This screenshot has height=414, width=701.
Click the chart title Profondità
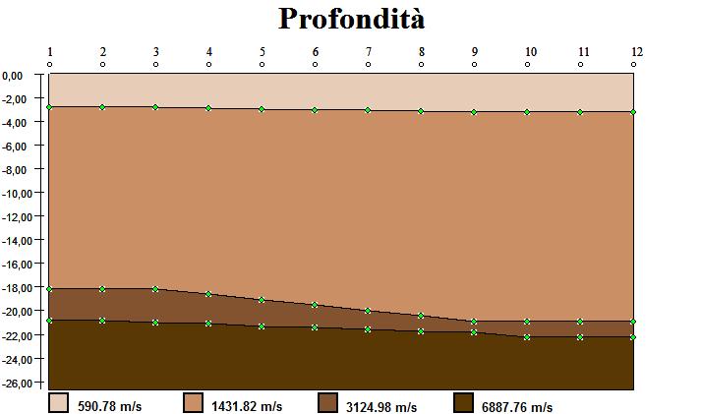pyautogui.click(x=351, y=19)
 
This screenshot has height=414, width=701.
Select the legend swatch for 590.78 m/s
pyautogui.click(x=59, y=403)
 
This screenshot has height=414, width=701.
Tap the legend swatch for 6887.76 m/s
pyautogui.click(x=462, y=403)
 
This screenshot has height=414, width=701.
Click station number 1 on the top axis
pyautogui.click(x=49, y=51)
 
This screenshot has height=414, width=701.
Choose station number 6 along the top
pyautogui.click(x=315, y=51)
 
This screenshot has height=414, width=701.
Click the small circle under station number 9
pyautogui.click(x=474, y=64)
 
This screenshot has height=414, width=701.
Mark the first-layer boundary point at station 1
pyautogui.click(x=49, y=106)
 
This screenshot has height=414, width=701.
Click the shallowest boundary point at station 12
pyautogui.click(x=633, y=112)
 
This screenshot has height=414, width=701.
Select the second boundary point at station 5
pyautogui.click(x=262, y=300)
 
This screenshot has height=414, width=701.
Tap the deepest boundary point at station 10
pyautogui.click(x=527, y=337)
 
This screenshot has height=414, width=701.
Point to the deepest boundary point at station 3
pyautogui.click(x=155, y=323)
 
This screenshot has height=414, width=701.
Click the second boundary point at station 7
pyautogui.click(x=368, y=311)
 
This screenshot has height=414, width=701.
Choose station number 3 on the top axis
pyautogui.click(x=155, y=51)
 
